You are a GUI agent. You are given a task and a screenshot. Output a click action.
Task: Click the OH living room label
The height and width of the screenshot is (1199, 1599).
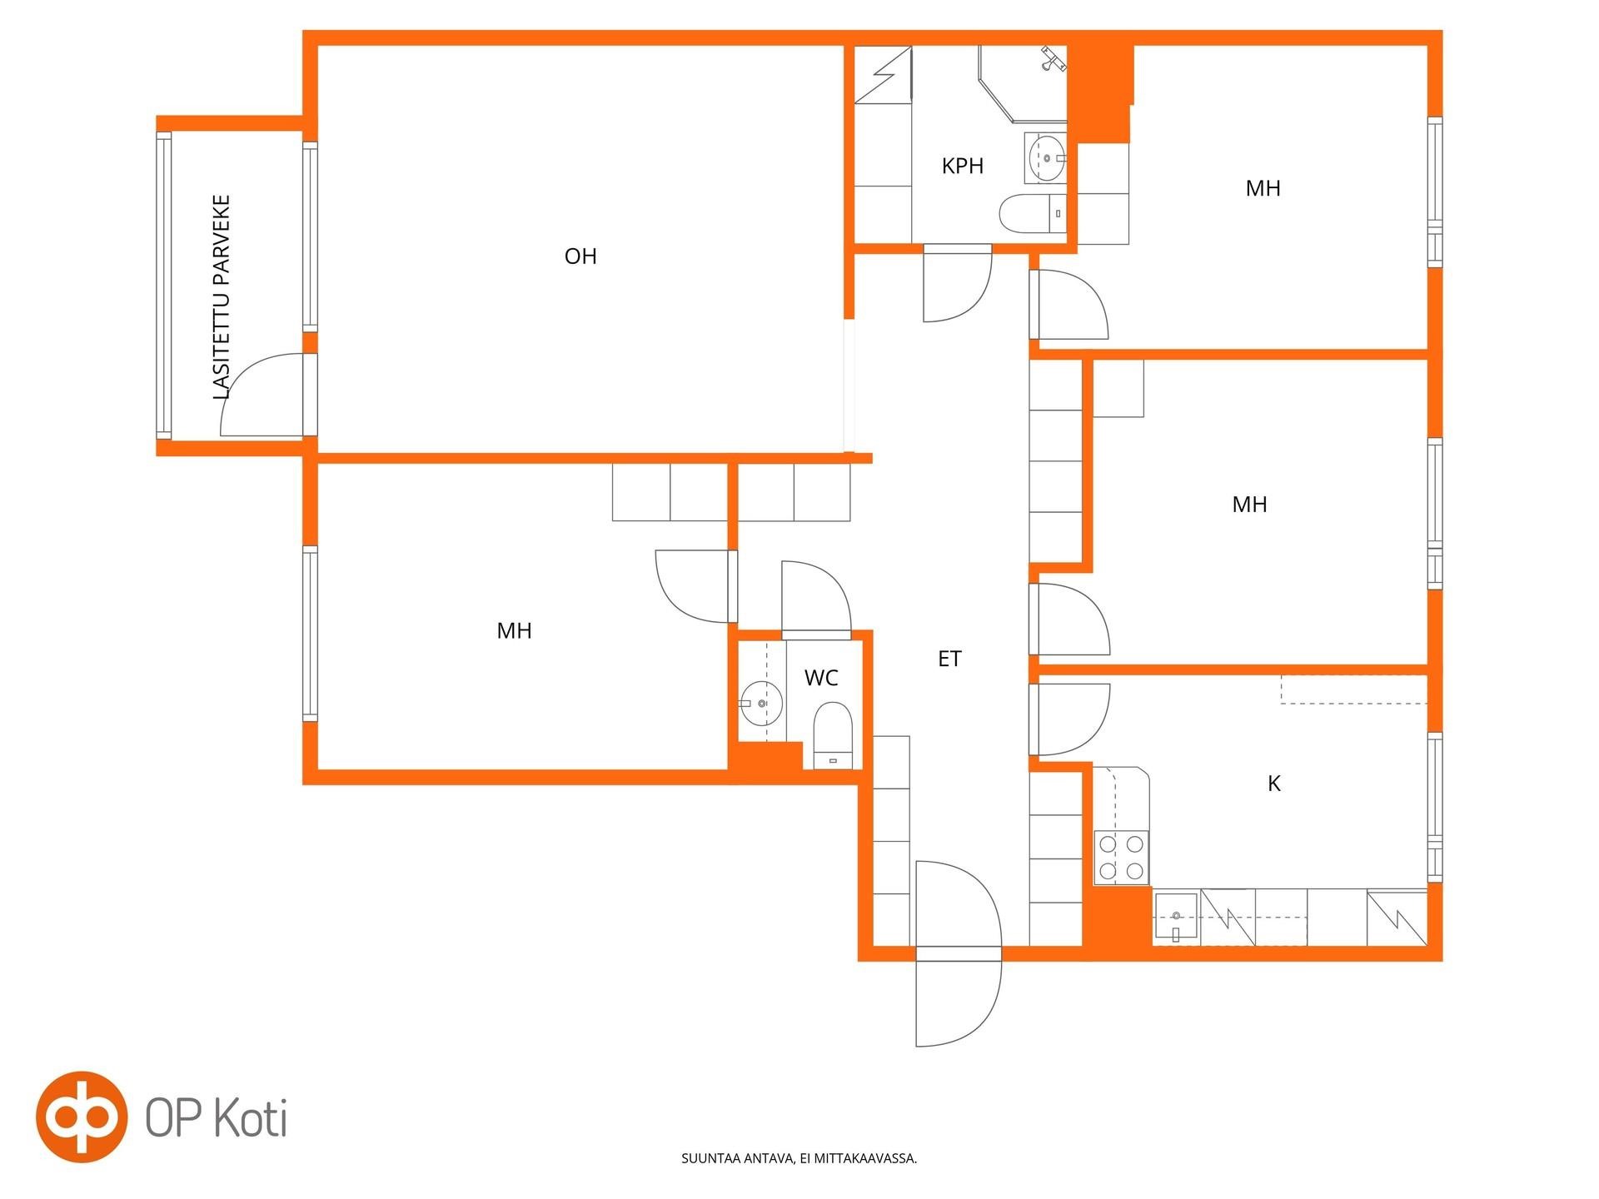580,256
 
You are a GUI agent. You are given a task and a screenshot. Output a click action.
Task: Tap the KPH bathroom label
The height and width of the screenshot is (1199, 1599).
963,167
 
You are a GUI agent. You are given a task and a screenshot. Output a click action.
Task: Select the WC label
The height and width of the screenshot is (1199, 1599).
821,679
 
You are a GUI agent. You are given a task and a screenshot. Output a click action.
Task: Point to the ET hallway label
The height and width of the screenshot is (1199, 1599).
949,659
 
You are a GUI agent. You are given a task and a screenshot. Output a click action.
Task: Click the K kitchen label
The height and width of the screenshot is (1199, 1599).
1273,784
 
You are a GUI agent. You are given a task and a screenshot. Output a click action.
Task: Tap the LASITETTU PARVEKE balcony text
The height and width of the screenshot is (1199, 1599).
221,297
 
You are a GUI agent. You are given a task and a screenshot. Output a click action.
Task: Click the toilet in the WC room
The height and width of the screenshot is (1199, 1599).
833,734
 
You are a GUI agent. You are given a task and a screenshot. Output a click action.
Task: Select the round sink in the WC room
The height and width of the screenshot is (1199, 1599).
761,704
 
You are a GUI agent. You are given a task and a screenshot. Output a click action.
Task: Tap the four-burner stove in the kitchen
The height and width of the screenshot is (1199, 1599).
1121,858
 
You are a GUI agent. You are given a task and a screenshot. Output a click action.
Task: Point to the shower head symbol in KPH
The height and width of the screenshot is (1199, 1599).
1053,58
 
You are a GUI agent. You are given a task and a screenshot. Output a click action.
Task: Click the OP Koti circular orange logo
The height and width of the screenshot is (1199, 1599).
82,1117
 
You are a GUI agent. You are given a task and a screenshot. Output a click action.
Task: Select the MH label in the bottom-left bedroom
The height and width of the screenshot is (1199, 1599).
514,631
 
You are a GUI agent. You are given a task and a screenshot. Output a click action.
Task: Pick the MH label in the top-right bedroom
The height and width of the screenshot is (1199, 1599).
1263,189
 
